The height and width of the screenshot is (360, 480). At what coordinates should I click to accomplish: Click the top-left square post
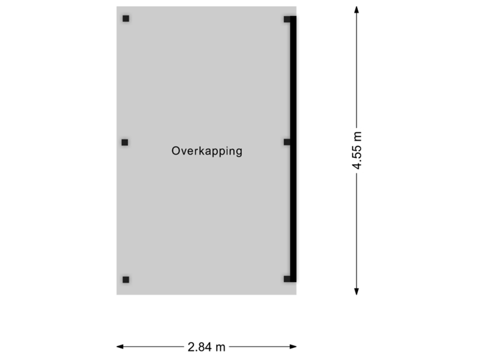click(x=126, y=19)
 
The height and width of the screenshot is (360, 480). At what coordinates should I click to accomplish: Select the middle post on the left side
click(x=125, y=142)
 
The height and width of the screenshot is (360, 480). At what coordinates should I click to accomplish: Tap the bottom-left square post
click(x=125, y=279)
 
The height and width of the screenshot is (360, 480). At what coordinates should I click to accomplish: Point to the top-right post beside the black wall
click(x=287, y=19)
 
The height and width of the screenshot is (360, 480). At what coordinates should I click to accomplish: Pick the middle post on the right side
click(x=287, y=142)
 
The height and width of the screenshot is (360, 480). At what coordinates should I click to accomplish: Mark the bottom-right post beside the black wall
click(x=287, y=279)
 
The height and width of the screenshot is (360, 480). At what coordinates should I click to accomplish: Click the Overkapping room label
click(x=207, y=151)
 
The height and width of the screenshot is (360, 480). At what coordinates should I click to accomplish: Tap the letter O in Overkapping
click(x=175, y=151)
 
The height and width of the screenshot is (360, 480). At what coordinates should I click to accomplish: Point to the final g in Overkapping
click(x=239, y=152)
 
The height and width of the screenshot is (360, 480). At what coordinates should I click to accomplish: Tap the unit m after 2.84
click(x=221, y=347)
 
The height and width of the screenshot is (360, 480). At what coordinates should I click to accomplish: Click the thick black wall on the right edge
click(x=295, y=147)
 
